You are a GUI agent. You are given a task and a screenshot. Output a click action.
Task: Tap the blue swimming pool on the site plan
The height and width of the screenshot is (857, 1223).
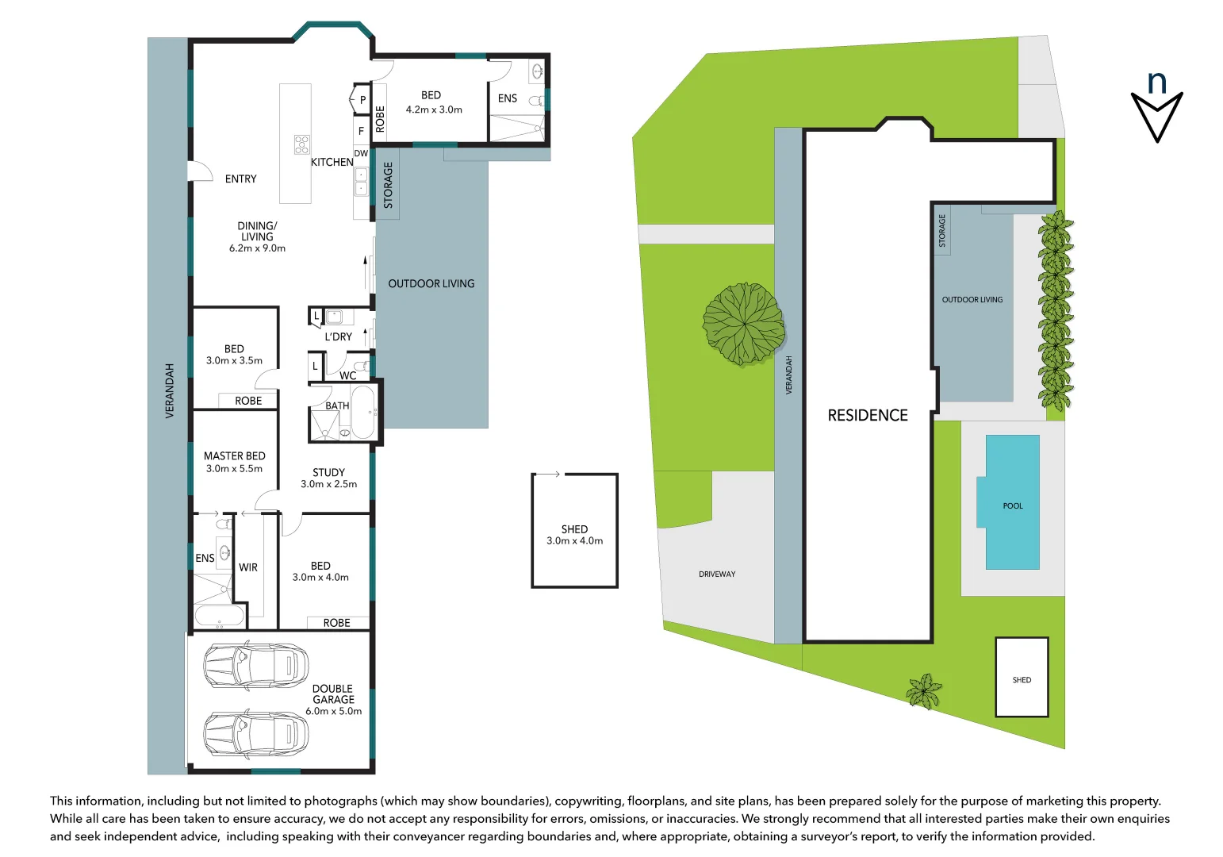click(1012, 502)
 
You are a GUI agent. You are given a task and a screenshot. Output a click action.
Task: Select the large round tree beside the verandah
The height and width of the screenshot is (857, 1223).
click(743, 324)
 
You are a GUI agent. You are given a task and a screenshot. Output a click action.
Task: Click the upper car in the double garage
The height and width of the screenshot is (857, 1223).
click(255, 666)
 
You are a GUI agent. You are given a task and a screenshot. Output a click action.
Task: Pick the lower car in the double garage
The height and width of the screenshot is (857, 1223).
click(255, 734)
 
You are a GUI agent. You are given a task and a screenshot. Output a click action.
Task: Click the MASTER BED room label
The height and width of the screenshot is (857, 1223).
click(234, 456)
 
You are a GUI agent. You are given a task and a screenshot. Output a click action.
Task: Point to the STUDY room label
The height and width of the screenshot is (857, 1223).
click(328, 472)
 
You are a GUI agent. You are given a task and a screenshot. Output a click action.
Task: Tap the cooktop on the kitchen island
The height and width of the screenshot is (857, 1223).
click(301, 144)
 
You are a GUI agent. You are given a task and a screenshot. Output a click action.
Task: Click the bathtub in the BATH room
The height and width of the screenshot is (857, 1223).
click(362, 412)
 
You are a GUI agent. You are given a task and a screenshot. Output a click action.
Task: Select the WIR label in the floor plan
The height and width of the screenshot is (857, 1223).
click(248, 567)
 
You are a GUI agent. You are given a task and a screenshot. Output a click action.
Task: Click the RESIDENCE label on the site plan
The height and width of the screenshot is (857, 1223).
click(868, 415)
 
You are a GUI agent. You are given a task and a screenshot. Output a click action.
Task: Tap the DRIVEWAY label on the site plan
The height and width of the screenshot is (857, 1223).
click(717, 574)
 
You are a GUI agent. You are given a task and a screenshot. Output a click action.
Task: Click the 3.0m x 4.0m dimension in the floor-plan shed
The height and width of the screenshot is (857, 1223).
click(574, 541)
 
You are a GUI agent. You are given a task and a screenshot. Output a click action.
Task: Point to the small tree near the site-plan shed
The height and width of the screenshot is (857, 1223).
click(924, 690)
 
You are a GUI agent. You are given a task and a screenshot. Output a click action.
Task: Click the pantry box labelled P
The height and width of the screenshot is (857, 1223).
click(362, 100)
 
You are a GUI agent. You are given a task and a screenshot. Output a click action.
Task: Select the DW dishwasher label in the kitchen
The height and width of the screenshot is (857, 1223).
click(361, 153)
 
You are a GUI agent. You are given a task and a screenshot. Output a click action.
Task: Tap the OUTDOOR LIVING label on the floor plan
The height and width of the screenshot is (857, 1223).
click(431, 283)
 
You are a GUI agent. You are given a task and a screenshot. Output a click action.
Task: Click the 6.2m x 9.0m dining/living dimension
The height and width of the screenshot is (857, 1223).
click(257, 248)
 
